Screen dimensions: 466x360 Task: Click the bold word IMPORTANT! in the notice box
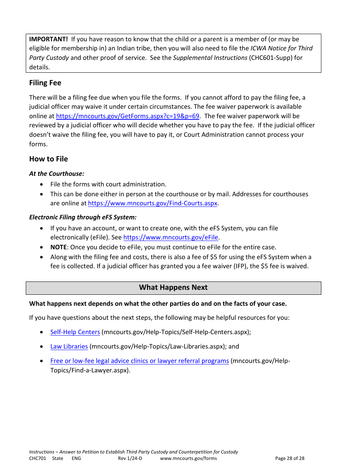coord(49,39)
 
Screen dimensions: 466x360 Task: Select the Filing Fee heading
coord(45,83)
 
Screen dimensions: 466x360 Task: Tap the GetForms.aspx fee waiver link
coord(127,116)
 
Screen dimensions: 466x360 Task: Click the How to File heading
coord(49,159)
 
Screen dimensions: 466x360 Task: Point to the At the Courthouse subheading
coord(56,174)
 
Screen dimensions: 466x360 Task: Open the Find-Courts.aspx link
coord(152,203)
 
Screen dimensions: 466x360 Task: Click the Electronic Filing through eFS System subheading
coord(83,217)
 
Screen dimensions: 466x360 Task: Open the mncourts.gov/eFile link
coord(171,237)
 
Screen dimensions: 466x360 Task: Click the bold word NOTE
coord(58,247)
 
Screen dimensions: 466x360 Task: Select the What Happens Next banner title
coord(173,288)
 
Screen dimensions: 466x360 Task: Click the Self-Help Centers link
coord(75,332)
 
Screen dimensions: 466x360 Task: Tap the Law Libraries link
coord(69,346)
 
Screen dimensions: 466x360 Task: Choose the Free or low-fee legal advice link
coord(139,361)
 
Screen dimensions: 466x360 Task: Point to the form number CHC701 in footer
coord(38,458)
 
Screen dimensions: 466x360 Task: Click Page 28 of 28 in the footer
coord(290,458)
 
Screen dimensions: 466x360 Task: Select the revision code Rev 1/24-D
coord(130,458)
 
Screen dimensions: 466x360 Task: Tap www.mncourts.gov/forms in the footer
coord(188,458)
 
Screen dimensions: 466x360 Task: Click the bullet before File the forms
coord(41,185)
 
